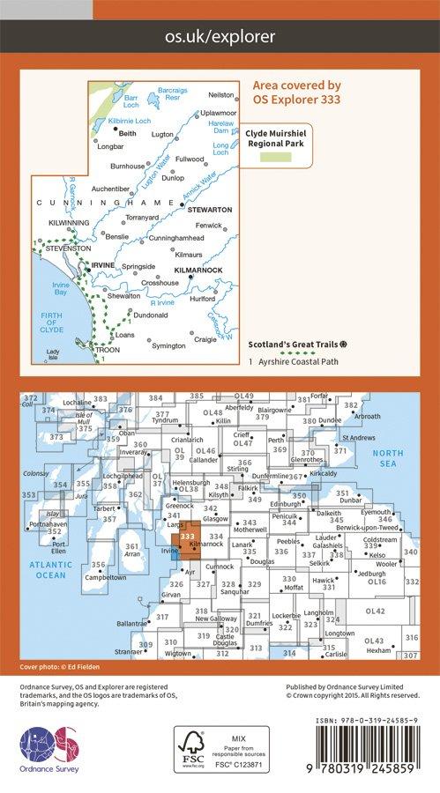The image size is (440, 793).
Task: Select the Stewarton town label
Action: (209, 210)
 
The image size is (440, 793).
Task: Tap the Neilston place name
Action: (220, 94)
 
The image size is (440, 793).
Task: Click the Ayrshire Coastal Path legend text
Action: (296, 360)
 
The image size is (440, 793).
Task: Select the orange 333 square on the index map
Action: (189, 537)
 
